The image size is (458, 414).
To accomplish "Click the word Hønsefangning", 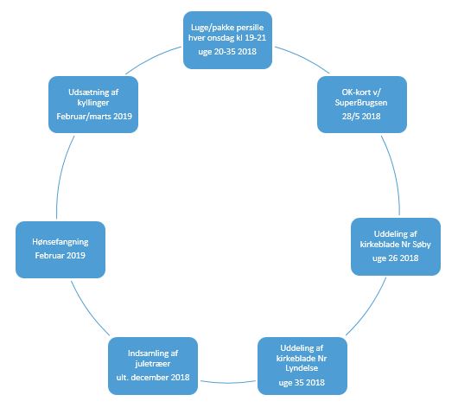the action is click(60, 242).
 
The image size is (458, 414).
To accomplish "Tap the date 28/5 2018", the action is click(361, 117).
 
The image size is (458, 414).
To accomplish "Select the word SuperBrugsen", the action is click(361, 103).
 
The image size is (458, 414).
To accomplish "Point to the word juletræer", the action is click(152, 364).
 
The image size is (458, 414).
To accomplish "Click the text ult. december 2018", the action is click(153, 378).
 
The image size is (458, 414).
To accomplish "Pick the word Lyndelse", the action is click(302, 368).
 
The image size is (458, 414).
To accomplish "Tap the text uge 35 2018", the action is click(302, 383).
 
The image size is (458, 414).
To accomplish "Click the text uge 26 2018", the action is click(396, 258).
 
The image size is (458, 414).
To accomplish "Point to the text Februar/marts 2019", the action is click(94, 117).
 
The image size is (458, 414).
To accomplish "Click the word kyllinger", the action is click(93, 103).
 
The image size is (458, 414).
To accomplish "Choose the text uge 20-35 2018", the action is click(227, 52).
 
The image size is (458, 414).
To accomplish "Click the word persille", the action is click(251, 28).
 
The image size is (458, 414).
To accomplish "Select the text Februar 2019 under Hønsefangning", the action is click(60, 256).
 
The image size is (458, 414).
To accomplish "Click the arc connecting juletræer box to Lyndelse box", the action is click(228, 382).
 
